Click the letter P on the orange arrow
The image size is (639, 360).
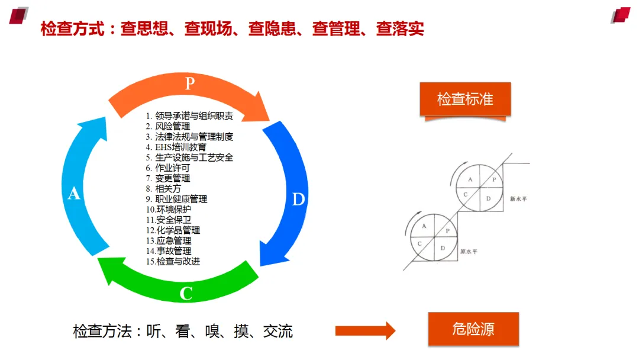(x=189, y=83)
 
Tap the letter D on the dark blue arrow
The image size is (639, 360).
(x=299, y=199)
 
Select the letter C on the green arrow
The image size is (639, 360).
(x=186, y=293)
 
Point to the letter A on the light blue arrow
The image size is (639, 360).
(x=74, y=193)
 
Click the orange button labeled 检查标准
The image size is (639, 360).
(x=465, y=99)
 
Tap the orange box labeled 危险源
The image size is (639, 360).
(x=473, y=329)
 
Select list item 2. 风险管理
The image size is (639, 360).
(x=168, y=126)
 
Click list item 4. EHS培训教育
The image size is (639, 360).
(x=176, y=147)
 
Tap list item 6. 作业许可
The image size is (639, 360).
(x=168, y=168)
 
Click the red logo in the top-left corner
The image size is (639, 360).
(x=19, y=15)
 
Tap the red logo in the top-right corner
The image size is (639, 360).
(x=621, y=15)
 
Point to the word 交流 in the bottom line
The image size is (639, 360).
(x=278, y=331)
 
